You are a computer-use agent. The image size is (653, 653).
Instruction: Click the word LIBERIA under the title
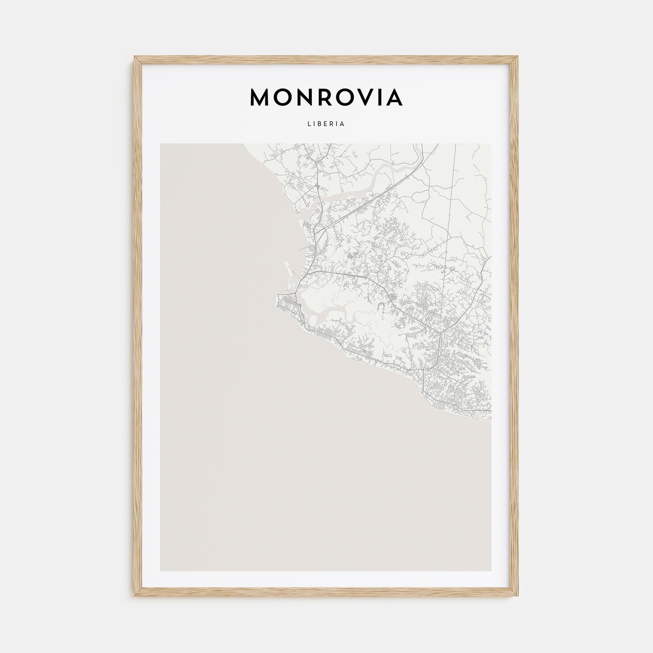pyautogui.click(x=326, y=124)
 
